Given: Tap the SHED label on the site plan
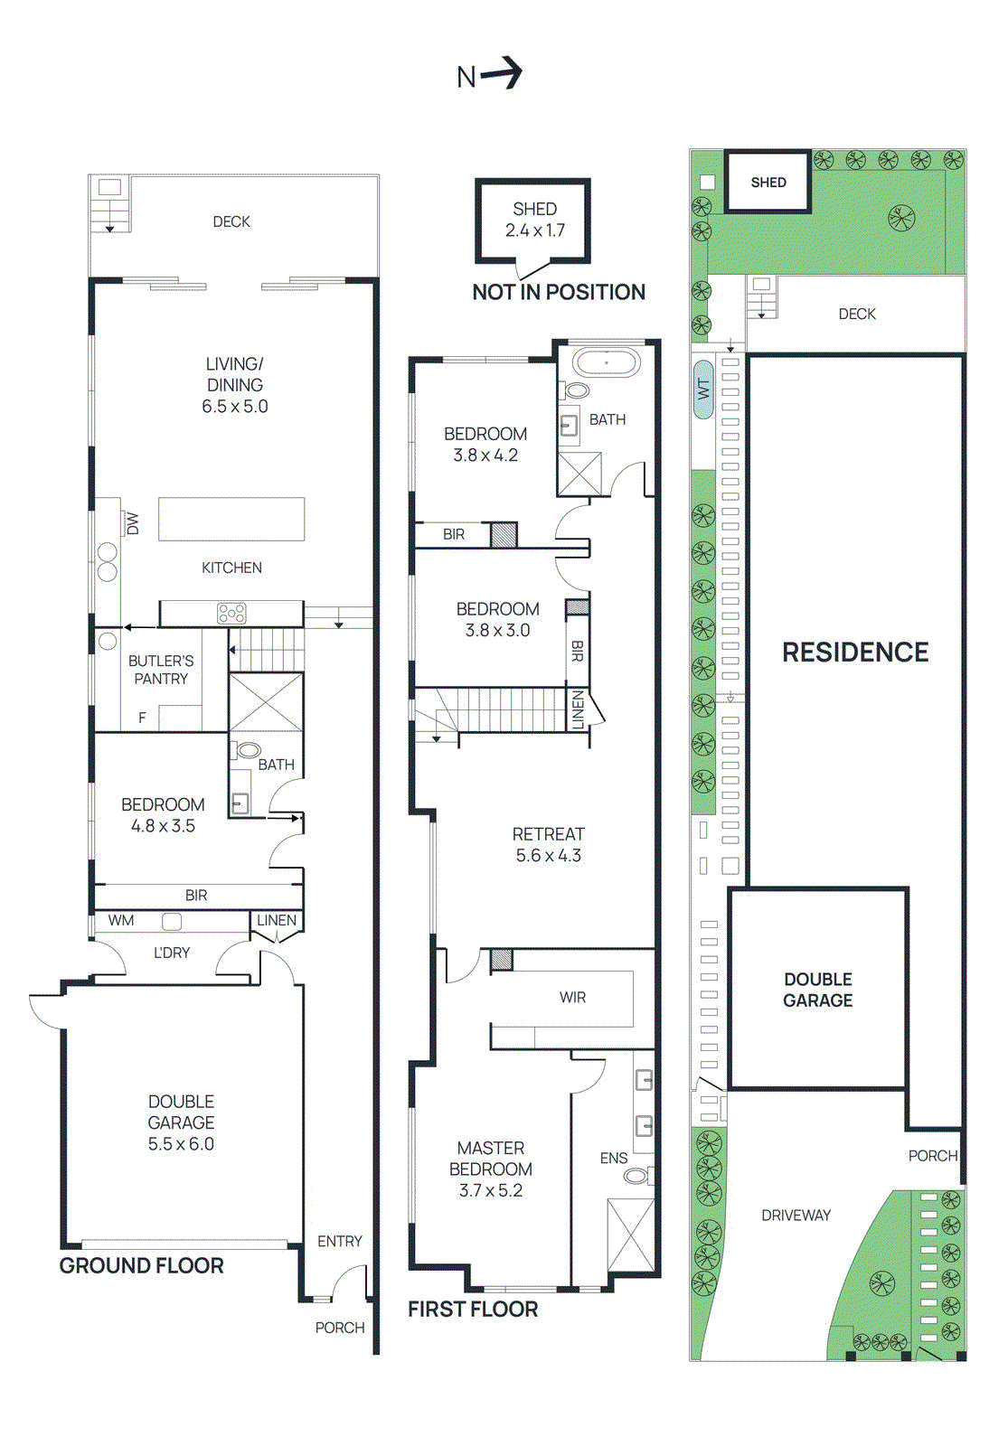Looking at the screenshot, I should coord(768,183).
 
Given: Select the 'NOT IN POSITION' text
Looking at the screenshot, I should coord(559,292).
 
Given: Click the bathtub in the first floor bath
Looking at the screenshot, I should coord(607,363).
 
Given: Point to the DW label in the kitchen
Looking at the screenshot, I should coord(133,523).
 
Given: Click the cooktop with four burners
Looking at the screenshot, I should coord(231,615).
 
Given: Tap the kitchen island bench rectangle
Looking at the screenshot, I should coord(231,519).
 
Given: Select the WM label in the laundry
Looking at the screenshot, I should coord(121,921).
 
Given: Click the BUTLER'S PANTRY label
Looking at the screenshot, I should coord(161,670).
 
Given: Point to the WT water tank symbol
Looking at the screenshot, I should coord(703,390).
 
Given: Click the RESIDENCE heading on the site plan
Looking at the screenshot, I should coord(855,653).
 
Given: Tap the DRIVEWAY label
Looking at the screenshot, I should coord(796,1216).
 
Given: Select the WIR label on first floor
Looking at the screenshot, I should coord(572,998).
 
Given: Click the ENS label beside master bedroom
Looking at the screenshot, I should coord(614,1158).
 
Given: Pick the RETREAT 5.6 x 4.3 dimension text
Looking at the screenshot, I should coord(549,856).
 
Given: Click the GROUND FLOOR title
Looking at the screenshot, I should coord(141,1265).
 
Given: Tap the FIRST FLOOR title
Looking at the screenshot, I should coord(473,1309).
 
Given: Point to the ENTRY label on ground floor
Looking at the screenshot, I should coord(339,1242).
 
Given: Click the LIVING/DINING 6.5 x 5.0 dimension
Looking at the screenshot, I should coord(235,407).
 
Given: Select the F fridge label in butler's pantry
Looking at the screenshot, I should coord(142,718).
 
